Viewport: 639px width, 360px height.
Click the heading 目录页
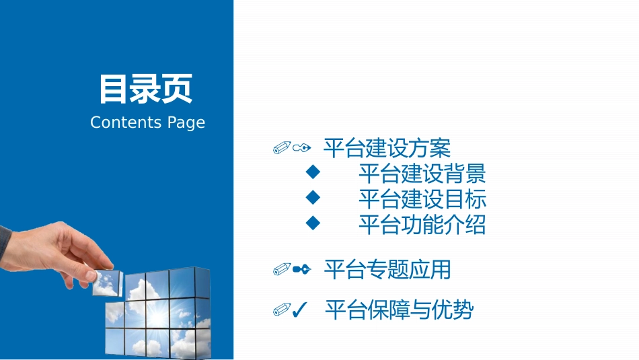point(146,89)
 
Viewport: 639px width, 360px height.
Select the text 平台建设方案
point(387,148)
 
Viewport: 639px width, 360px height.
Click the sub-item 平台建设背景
point(422,174)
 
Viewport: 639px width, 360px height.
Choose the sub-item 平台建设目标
point(422,199)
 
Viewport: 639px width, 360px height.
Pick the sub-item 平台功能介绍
point(422,225)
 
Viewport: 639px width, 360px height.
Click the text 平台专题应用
point(387,270)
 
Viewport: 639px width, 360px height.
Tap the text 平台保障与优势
point(399,310)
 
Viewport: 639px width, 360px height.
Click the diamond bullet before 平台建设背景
point(312,172)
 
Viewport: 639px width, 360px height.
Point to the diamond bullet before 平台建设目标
point(312,197)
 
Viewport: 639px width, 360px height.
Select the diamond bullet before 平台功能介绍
point(312,223)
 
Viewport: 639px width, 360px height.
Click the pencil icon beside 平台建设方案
point(283,147)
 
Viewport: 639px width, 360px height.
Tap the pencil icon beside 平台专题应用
point(283,270)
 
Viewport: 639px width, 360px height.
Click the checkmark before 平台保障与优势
point(301,310)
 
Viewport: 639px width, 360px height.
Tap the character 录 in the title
point(146,89)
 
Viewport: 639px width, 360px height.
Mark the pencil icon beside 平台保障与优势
point(282,310)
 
